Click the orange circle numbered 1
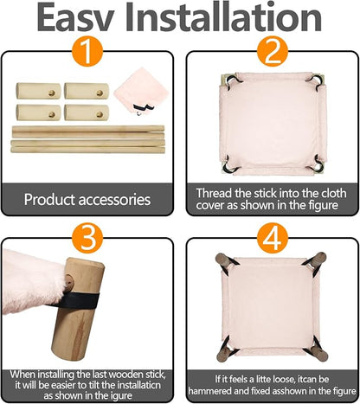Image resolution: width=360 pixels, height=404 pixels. coord(87,51)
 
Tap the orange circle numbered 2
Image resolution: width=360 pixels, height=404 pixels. coord(273,51)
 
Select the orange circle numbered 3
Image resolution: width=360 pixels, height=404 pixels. coord(87,238)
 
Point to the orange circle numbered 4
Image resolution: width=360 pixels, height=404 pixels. coord(273,238)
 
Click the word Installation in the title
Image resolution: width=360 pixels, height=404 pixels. coord(223,17)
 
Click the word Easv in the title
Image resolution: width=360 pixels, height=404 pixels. coord(76,17)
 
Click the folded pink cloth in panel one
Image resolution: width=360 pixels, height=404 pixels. coord(141,90)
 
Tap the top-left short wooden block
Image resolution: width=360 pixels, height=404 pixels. coord(38,91)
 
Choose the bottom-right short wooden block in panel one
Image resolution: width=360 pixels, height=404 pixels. coord(87,112)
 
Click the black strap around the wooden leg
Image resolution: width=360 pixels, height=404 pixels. coord(77,300)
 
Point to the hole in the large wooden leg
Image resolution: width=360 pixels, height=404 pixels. coord(68,280)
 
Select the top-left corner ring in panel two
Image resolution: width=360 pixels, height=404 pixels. coord(233,80)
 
